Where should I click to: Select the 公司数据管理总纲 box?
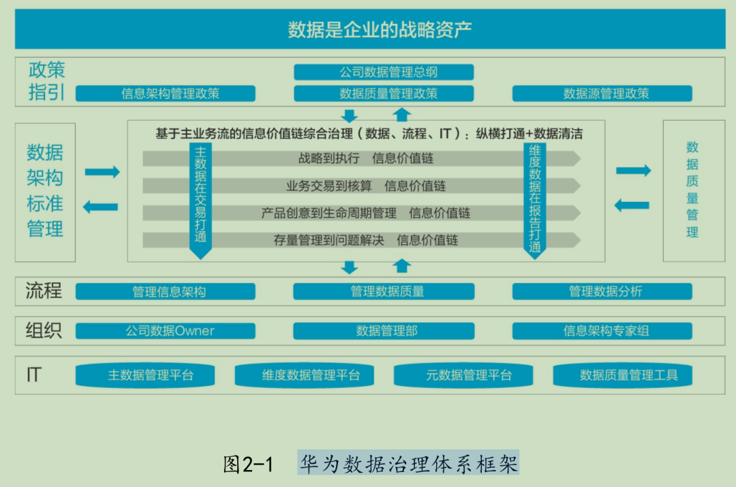pyautogui.click(x=384, y=72)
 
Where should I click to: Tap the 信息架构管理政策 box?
pyautogui.click(x=166, y=93)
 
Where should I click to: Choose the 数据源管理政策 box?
pyautogui.click(x=602, y=93)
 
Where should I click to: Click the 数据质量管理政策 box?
pyautogui.click(x=384, y=93)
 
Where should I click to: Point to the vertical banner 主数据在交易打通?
pyautogui.click(x=200, y=198)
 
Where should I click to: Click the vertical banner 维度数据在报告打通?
pyautogui.click(x=535, y=198)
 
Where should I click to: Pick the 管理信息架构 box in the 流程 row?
pyautogui.click(x=166, y=292)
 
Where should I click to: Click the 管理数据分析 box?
pyautogui.click(x=602, y=292)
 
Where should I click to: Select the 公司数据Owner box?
pyautogui.click(x=166, y=331)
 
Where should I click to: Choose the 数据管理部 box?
pyautogui.click(x=384, y=331)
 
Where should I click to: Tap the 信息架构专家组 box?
pyautogui.click(x=602, y=331)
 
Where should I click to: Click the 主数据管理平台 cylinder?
pyautogui.click(x=145, y=375)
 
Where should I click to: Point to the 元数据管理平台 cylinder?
pyautogui.click(x=463, y=375)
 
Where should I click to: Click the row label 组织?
pyautogui.click(x=44, y=331)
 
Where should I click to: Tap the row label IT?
pyautogui.click(x=34, y=374)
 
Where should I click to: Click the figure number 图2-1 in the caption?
pyautogui.click(x=248, y=465)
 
